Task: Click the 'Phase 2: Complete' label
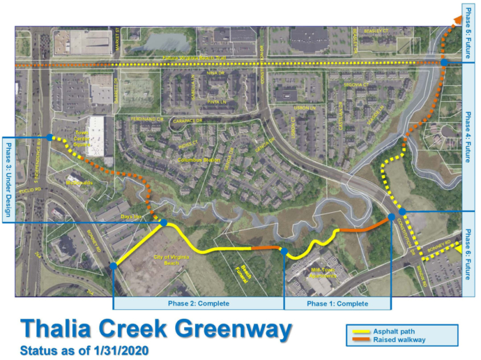pyautogui.click(x=198, y=303)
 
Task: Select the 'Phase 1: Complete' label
pyautogui.click(x=337, y=303)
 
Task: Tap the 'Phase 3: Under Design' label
pyautogui.click(x=9, y=178)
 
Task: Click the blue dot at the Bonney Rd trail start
pyautogui.click(x=114, y=265)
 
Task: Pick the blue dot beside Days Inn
pyautogui.click(x=164, y=223)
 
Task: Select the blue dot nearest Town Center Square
pyautogui.click(x=49, y=137)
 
